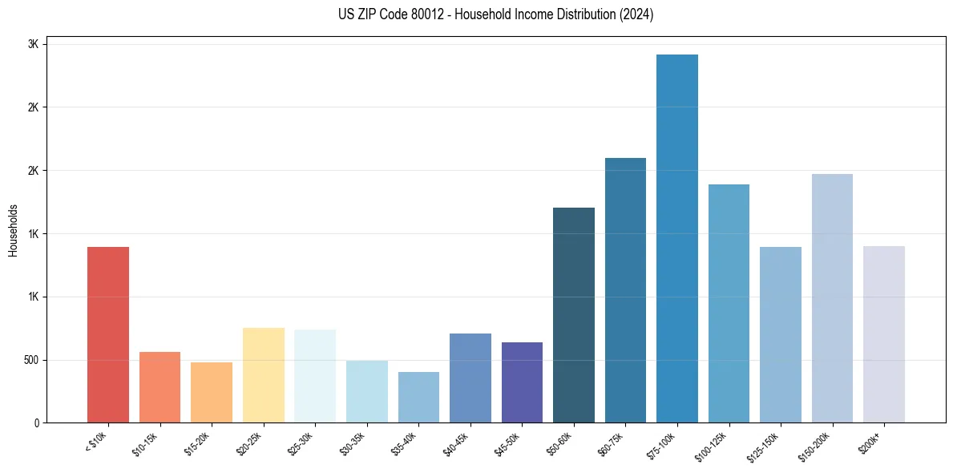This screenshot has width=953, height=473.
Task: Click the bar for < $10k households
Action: [108, 334]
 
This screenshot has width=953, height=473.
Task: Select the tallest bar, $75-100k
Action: [677, 238]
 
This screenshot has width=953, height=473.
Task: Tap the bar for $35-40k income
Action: [418, 397]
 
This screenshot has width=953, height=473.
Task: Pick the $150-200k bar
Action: [832, 298]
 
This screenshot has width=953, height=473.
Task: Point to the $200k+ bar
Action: [884, 334]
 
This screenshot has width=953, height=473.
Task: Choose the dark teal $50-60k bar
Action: [574, 315]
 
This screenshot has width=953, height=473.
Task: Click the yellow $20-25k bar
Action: [264, 375]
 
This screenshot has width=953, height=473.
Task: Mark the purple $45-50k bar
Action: [522, 382]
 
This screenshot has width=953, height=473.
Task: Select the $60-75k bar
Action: [625, 290]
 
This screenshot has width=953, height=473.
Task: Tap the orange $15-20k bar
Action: [212, 392]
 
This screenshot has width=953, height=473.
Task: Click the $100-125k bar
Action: [729, 303]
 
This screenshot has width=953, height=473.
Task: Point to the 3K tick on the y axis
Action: [33, 44]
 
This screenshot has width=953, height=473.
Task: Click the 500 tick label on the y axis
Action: [30, 360]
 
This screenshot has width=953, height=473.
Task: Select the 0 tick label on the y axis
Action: [35, 422]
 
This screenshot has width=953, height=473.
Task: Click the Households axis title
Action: [13, 230]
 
